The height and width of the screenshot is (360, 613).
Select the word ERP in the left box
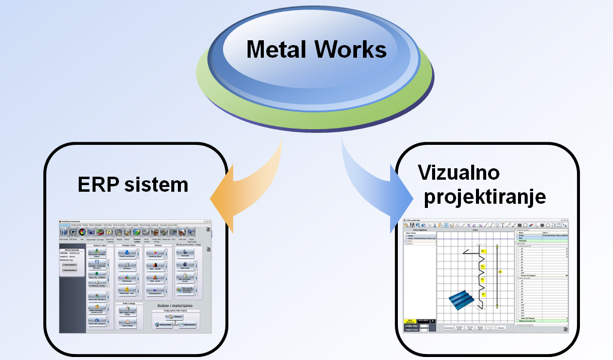99,185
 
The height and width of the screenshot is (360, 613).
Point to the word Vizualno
459,173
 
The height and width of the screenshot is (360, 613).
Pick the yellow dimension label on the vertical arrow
500,272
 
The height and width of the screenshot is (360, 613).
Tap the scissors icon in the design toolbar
435,225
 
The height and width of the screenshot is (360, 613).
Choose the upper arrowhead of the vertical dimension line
497,246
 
